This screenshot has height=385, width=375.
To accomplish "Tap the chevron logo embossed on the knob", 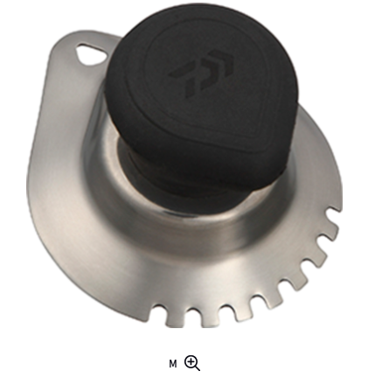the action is coord(202,73).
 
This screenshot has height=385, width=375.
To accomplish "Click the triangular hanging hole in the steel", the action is coord(91,54).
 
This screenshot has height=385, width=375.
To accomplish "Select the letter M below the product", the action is coord(173,364).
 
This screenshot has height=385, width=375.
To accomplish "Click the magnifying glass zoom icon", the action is coord(192,363).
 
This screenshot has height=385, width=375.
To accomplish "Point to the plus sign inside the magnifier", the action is coord(191,362).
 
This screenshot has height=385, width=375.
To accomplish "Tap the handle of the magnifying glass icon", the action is coord(198,368).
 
